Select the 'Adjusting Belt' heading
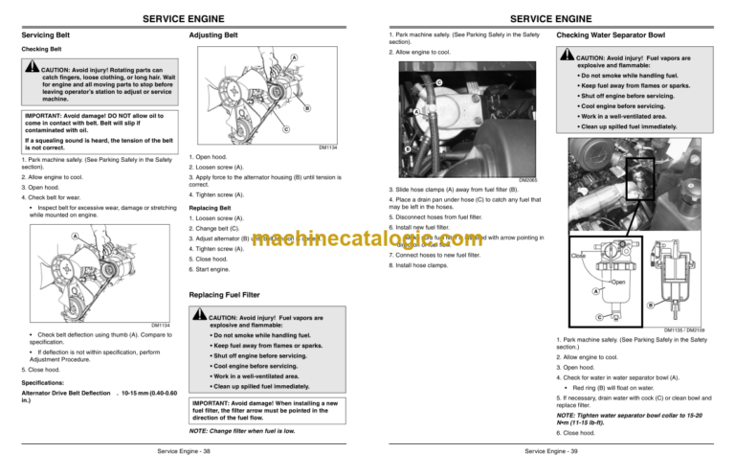point(216,35)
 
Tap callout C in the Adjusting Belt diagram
point(285,129)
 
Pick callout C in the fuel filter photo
point(437,83)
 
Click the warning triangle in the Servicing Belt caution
point(32,70)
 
